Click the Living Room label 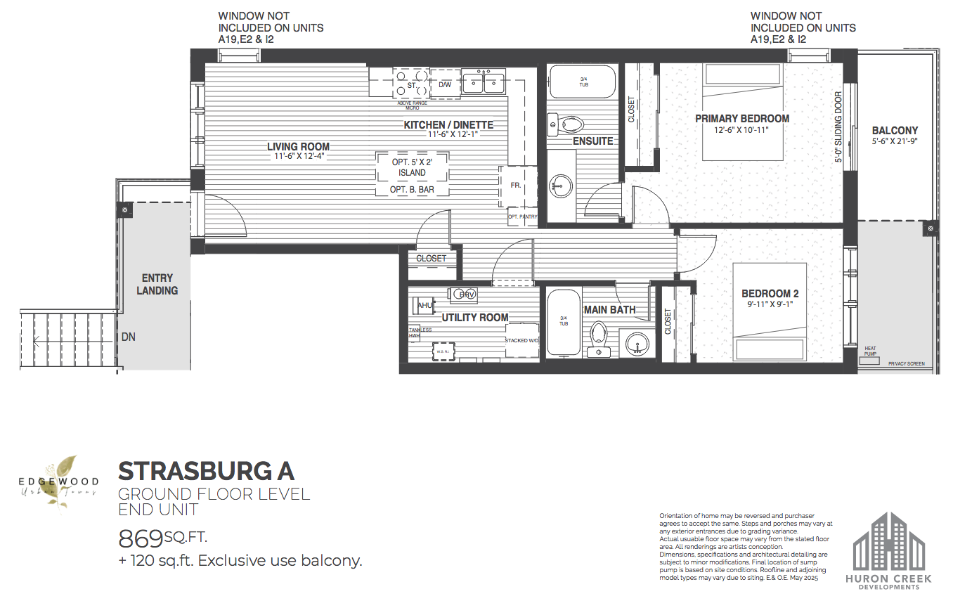click(x=298, y=147)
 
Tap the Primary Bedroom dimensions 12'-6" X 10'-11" click(x=742, y=130)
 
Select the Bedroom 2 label click(x=770, y=294)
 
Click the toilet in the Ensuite click(x=569, y=126)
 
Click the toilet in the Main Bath click(x=599, y=337)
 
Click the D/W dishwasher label click(x=445, y=85)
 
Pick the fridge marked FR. click(x=517, y=186)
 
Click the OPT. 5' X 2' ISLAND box click(x=412, y=167)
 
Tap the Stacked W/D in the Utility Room click(x=522, y=341)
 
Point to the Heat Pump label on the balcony click(x=871, y=351)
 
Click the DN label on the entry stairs click(x=128, y=337)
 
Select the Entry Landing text click(x=157, y=284)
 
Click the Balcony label click(x=895, y=131)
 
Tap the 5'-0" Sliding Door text click(x=838, y=128)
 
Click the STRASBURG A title click(x=206, y=470)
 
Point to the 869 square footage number click(x=141, y=539)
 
